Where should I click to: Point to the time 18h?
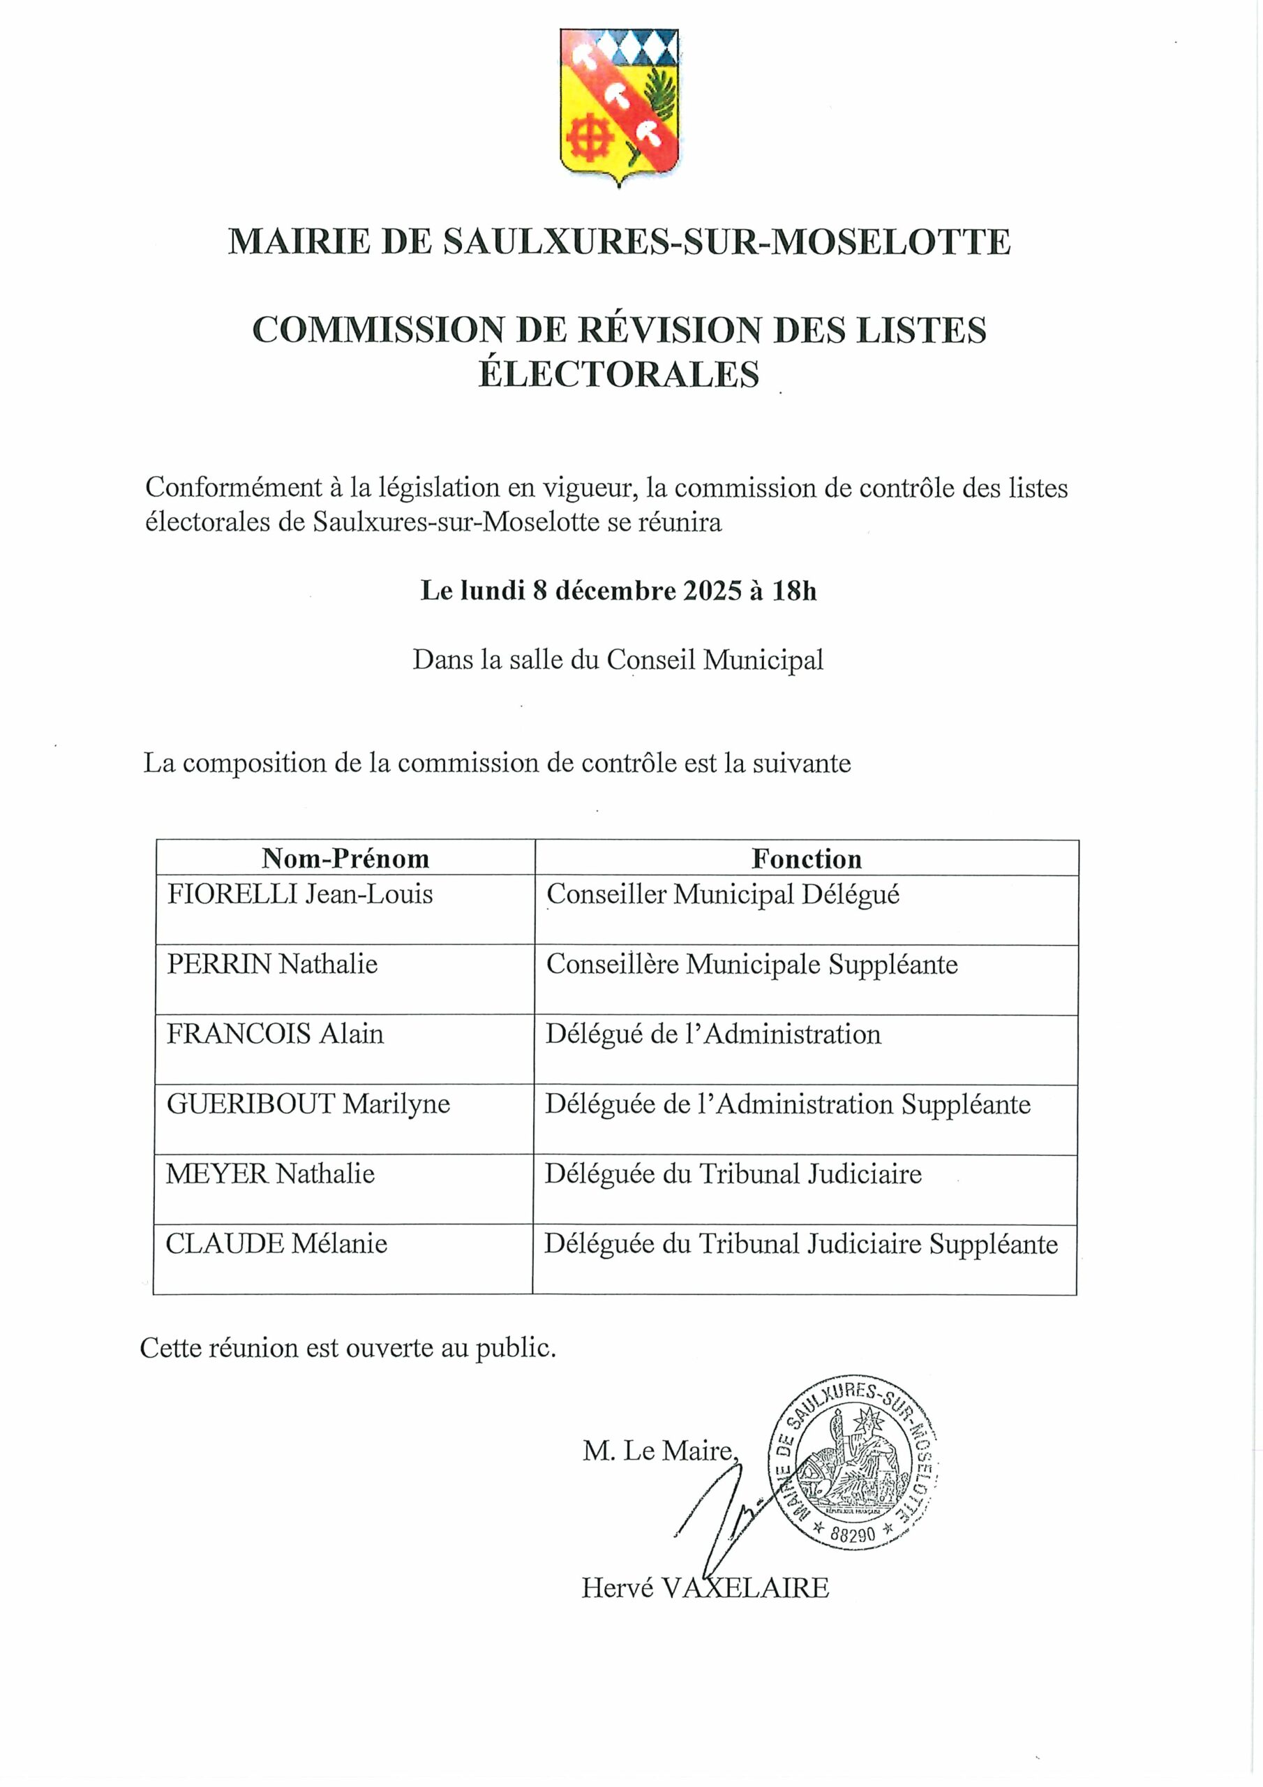[795, 591]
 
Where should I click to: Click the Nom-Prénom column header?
[345, 859]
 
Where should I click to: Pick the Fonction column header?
[806, 859]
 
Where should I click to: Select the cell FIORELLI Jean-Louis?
[299, 894]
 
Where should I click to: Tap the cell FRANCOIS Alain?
[276, 1035]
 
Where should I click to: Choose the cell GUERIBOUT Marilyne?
[308, 1104]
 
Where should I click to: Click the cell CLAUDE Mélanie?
[276, 1244]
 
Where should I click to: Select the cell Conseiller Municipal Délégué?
[723, 895]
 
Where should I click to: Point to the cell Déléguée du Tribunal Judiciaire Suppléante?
[801, 1245]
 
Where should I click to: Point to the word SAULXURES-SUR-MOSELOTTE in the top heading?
[727, 242]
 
